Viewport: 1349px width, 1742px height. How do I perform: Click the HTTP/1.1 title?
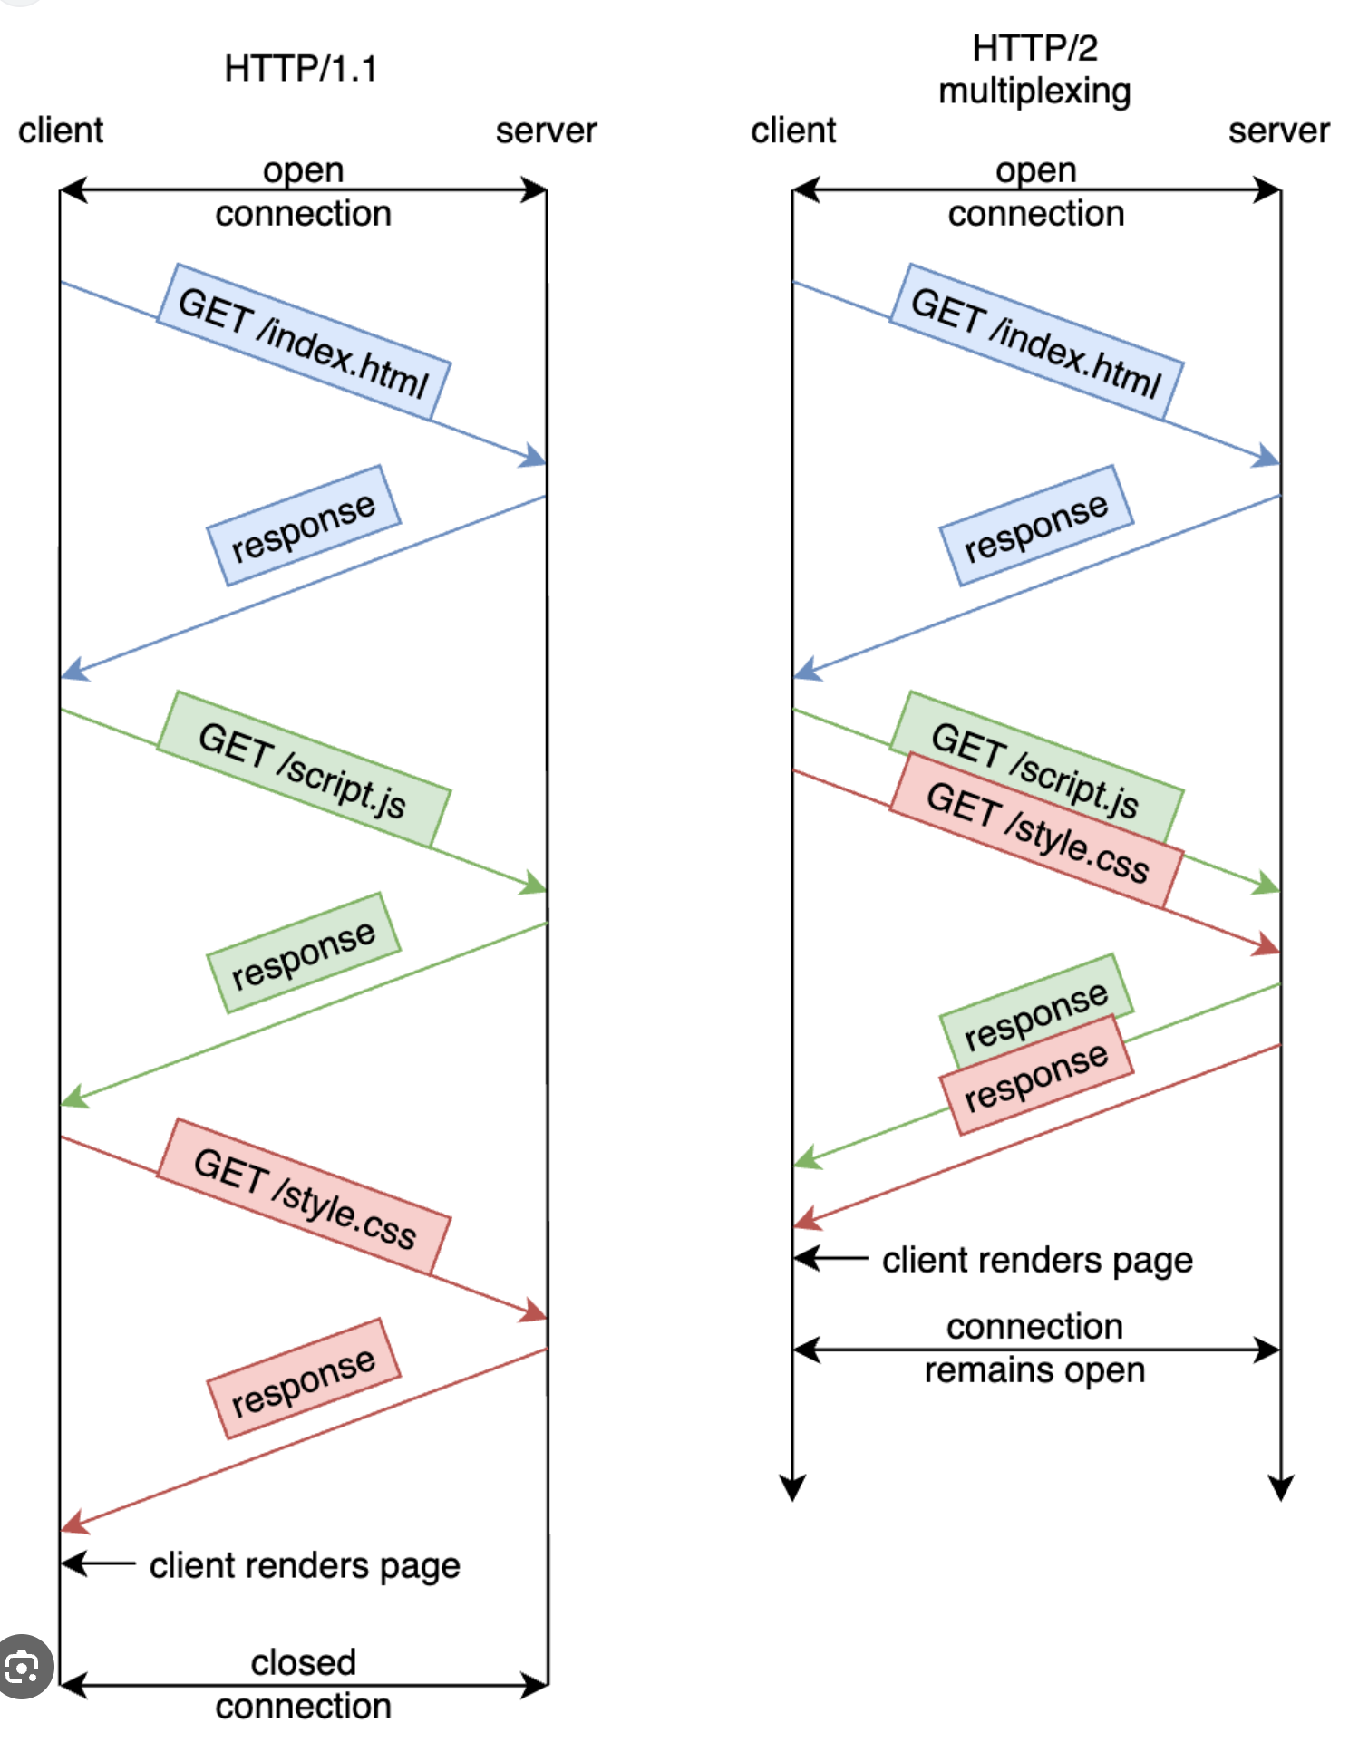[x=300, y=69]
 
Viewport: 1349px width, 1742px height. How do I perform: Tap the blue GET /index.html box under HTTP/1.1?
[x=304, y=342]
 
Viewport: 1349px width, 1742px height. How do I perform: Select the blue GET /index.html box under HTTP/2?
[x=1036, y=342]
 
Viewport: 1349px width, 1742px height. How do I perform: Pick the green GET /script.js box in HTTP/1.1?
[x=304, y=769]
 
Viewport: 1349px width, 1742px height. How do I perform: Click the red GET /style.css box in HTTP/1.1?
[x=304, y=1196]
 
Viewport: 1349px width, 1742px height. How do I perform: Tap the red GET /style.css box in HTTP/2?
[x=1036, y=831]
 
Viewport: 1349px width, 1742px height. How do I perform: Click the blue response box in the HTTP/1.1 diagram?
[x=304, y=526]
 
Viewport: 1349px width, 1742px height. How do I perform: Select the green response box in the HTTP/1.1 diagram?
[x=304, y=953]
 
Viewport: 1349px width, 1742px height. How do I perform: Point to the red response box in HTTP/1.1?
[x=304, y=1379]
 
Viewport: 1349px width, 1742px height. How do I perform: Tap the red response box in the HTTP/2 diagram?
[x=1036, y=1075]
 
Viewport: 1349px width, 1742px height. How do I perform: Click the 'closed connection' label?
[x=304, y=1684]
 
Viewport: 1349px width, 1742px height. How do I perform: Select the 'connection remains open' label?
[x=1034, y=1349]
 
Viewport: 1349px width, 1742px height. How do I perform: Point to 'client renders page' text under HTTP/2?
[x=1037, y=1260]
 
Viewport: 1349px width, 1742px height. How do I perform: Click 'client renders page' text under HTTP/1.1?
[x=305, y=1565]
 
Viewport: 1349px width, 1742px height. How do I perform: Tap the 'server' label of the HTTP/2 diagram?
[x=1278, y=131]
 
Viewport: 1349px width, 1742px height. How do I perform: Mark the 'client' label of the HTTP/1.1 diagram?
[x=61, y=131]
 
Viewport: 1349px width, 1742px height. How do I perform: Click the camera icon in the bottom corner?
[x=23, y=1666]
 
